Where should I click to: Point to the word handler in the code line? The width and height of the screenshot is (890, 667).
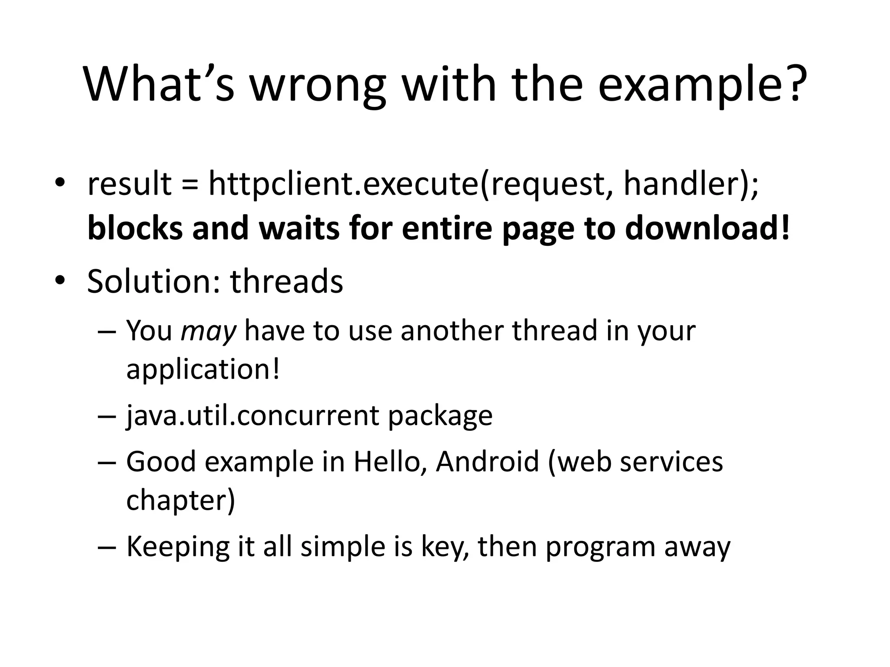point(684,184)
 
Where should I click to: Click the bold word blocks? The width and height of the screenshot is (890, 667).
point(135,228)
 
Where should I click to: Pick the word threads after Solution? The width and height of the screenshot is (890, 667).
point(287,281)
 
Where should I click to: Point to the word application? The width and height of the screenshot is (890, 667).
point(203,370)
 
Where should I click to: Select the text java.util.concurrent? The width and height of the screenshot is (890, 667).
point(252,416)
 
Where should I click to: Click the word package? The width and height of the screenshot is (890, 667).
point(440,416)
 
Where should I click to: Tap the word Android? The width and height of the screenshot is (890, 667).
point(487,462)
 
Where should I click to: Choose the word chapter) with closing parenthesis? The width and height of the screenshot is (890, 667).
point(180,500)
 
